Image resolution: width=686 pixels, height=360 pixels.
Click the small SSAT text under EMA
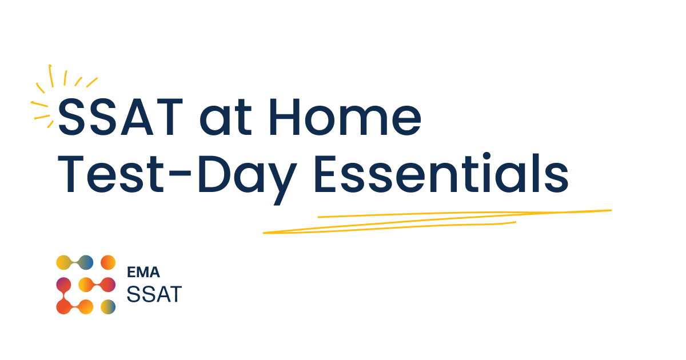(x=153, y=294)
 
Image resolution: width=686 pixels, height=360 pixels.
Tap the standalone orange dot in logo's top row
(x=108, y=263)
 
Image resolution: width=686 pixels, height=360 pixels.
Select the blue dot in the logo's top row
(x=86, y=263)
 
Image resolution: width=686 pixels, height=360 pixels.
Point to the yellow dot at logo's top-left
(x=63, y=263)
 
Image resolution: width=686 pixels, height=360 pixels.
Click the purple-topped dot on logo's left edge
(x=63, y=285)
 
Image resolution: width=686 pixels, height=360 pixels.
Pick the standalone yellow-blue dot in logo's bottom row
(x=108, y=307)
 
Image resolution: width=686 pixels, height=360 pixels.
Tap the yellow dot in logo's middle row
(x=86, y=285)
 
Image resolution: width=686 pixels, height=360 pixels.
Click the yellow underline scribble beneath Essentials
(x=434, y=220)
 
